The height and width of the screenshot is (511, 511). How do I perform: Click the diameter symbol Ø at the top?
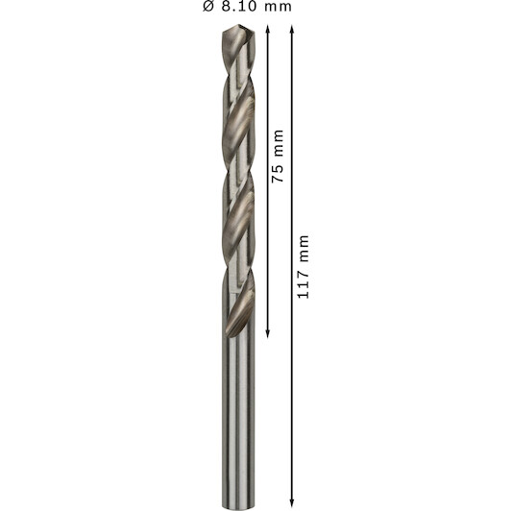pyautogui.click(x=208, y=6)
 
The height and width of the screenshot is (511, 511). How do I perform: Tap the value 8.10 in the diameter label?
pyautogui.click(x=239, y=6)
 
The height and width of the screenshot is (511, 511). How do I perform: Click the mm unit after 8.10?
pyautogui.click(x=278, y=8)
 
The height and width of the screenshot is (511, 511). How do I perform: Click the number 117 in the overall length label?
pyautogui.click(x=303, y=282)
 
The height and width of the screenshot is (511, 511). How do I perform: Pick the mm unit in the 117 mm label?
pyautogui.click(x=304, y=248)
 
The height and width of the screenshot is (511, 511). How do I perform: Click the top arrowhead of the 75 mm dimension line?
pyautogui.click(x=268, y=30)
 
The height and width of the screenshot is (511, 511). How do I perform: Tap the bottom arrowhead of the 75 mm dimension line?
pyautogui.click(x=268, y=333)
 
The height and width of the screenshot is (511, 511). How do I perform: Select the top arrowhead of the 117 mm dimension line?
pyautogui.click(x=292, y=30)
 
